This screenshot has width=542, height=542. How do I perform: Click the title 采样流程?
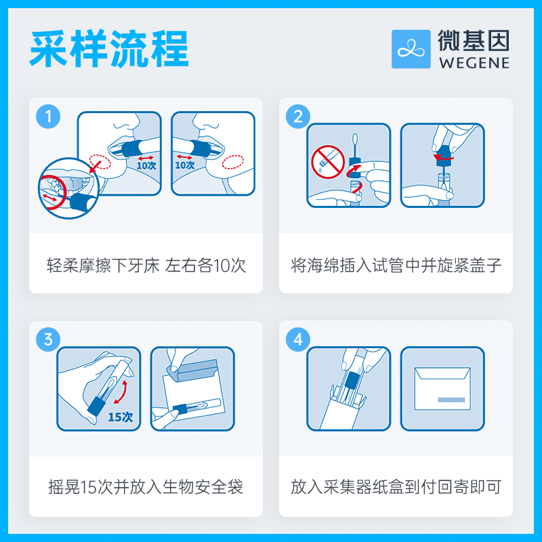tap(108, 49)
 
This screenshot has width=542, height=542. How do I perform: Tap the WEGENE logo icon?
tap(411, 49)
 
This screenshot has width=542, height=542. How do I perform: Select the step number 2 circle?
tap(298, 116)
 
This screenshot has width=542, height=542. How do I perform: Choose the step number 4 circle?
tap(298, 339)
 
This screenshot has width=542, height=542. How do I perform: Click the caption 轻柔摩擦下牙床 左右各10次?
tap(146, 265)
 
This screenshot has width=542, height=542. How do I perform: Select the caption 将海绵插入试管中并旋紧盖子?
tap(396, 265)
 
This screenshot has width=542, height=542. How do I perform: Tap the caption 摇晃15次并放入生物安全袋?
tap(146, 486)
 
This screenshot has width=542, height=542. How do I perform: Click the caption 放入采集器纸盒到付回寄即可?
tap(396, 486)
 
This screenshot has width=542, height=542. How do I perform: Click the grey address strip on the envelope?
tap(451, 400)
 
